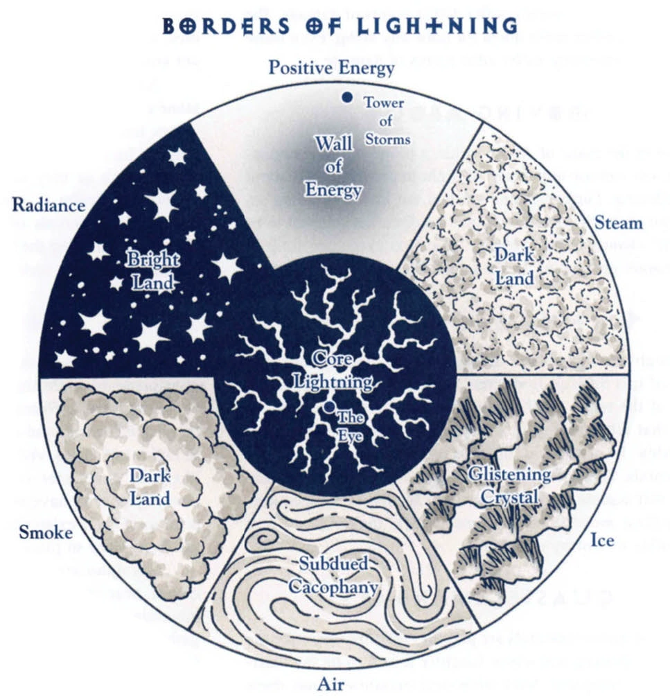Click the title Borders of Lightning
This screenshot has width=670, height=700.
[340, 26]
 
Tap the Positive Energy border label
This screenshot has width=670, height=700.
[331, 68]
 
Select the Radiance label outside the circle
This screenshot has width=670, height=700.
[49, 205]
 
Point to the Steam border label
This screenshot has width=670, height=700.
[619, 222]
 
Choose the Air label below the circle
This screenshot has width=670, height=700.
[331, 685]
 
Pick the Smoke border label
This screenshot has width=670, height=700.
[45, 532]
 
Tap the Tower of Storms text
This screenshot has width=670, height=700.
[386, 121]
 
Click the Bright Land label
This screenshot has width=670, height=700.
[152, 271]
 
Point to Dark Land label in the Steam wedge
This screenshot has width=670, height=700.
[514, 266]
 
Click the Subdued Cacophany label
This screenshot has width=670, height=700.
[334, 575]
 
